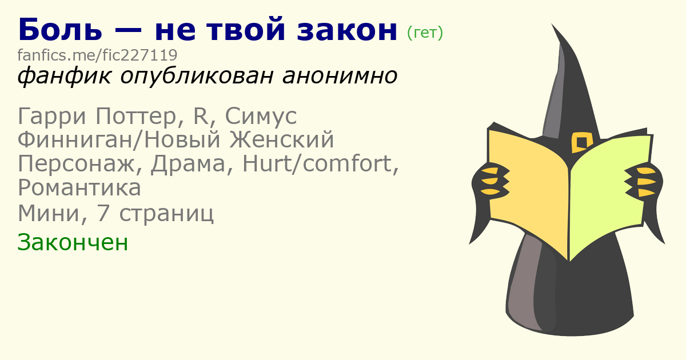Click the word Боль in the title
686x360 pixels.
60,29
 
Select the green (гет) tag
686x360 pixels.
425,33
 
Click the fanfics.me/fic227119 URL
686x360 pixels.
97,55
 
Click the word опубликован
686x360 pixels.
196,76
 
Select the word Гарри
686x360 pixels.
51,117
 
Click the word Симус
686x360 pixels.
261,117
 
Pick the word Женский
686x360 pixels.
281,139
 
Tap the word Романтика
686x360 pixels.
79,188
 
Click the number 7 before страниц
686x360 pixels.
102,213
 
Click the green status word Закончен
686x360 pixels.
73,242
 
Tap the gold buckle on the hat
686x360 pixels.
581,142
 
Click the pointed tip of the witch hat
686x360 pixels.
552,24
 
